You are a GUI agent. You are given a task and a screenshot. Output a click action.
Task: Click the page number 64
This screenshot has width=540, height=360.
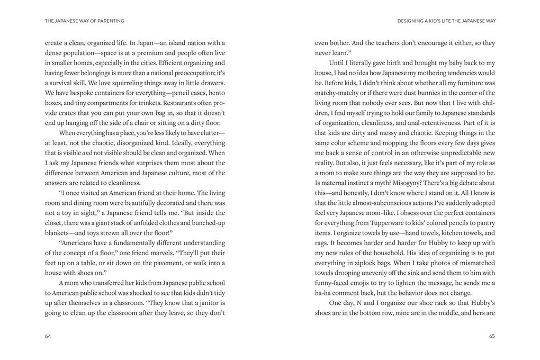[48, 336]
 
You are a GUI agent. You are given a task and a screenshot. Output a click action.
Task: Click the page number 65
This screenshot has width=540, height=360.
[492, 336]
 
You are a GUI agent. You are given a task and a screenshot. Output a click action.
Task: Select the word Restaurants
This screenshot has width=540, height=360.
[180, 103]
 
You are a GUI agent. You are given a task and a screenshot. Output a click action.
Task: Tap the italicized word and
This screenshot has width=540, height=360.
[87, 153]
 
